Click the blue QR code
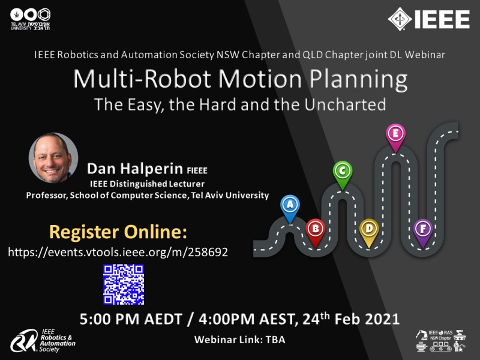pyautogui.click(x=124, y=284)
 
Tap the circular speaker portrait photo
pyautogui.click(x=53, y=158)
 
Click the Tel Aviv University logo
pyautogui.click(x=30, y=19)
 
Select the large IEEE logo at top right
pyautogui.click(x=428, y=19)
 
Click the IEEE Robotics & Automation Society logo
pyautogui.click(x=43, y=340)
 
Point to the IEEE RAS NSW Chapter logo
pyautogui.click(x=440, y=340)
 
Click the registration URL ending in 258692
pyautogui.click(x=118, y=252)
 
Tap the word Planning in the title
pyautogui.click(x=358, y=80)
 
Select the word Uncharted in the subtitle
pyautogui.click(x=345, y=104)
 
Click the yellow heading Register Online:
pyautogui.click(x=118, y=232)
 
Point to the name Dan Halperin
pyautogui.click(x=135, y=169)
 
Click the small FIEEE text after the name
pyautogui.click(x=197, y=170)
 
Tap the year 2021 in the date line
pyautogui.click(x=382, y=319)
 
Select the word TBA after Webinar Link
pyautogui.click(x=275, y=340)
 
